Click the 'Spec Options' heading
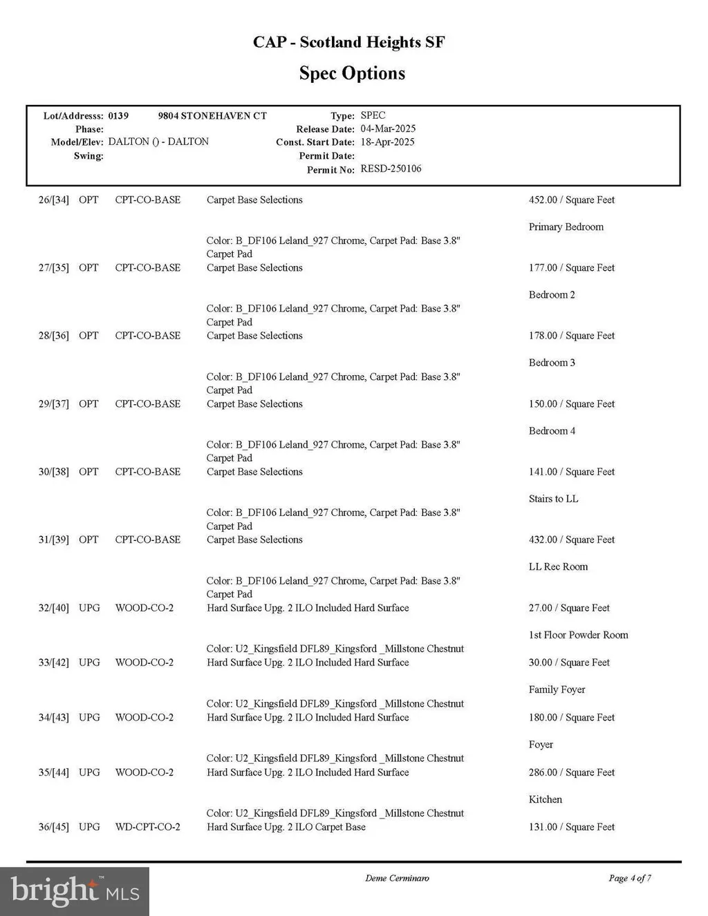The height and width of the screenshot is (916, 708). point(352,73)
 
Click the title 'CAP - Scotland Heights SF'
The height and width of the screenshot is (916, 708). point(348,42)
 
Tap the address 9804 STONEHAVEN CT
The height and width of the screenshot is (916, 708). point(212,115)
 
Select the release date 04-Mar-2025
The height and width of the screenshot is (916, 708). point(388,128)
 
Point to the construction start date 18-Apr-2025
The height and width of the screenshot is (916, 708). point(387,142)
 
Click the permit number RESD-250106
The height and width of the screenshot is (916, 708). point(391,169)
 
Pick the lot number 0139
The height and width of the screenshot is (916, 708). point(118,115)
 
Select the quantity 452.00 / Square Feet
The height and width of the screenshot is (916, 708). point(571,200)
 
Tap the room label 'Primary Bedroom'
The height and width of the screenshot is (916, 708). point(566,227)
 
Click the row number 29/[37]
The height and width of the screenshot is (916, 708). point(54,403)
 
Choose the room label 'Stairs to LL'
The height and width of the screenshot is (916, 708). point(553,499)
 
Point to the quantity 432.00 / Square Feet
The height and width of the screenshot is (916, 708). point(571,540)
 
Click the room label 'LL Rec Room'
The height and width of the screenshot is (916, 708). point(558,566)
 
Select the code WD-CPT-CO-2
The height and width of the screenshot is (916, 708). point(147,827)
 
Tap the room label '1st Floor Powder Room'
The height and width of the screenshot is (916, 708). point(578,635)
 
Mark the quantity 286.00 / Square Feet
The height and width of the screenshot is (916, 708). point(571,772)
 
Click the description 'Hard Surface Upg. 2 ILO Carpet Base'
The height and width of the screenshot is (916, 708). point(286,827)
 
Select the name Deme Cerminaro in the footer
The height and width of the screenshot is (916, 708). point(397,878)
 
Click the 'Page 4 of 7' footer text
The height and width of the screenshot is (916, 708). point(629,878)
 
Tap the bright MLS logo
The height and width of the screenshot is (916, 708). point(75,891)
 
